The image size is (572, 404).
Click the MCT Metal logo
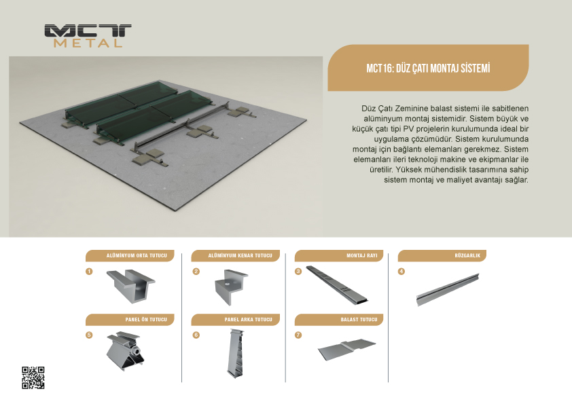[x=88, y=36]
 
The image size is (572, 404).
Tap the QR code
[x=33, y=378]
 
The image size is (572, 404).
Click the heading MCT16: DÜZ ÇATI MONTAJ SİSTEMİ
[x=428, y=68]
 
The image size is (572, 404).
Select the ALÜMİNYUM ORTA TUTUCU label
[x=137, y=255]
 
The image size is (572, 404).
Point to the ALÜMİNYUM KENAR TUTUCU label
[x=240, y=255]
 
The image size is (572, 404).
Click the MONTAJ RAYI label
[x=362, y=255]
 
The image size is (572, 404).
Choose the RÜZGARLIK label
[x=467, y=255]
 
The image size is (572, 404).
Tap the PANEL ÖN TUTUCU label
[x=146, y=319]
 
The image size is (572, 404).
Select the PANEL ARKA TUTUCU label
[x=249, y=319]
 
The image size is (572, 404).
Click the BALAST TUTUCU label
[x=359, y=319]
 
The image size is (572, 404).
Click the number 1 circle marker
[x=89, y=272]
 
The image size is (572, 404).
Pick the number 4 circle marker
[x=401, y=272]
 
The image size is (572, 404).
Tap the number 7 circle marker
[x=298, y=335]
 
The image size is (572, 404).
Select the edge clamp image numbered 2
[x=231, y=287]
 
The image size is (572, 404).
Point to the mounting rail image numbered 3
[x=336, y=285]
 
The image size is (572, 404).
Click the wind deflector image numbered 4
[x=448, y=290]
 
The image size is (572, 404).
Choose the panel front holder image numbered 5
[x=125, y=351]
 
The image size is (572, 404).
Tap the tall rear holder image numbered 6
[x=235, y=352]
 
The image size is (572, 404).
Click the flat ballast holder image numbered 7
[x=346, y=349]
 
